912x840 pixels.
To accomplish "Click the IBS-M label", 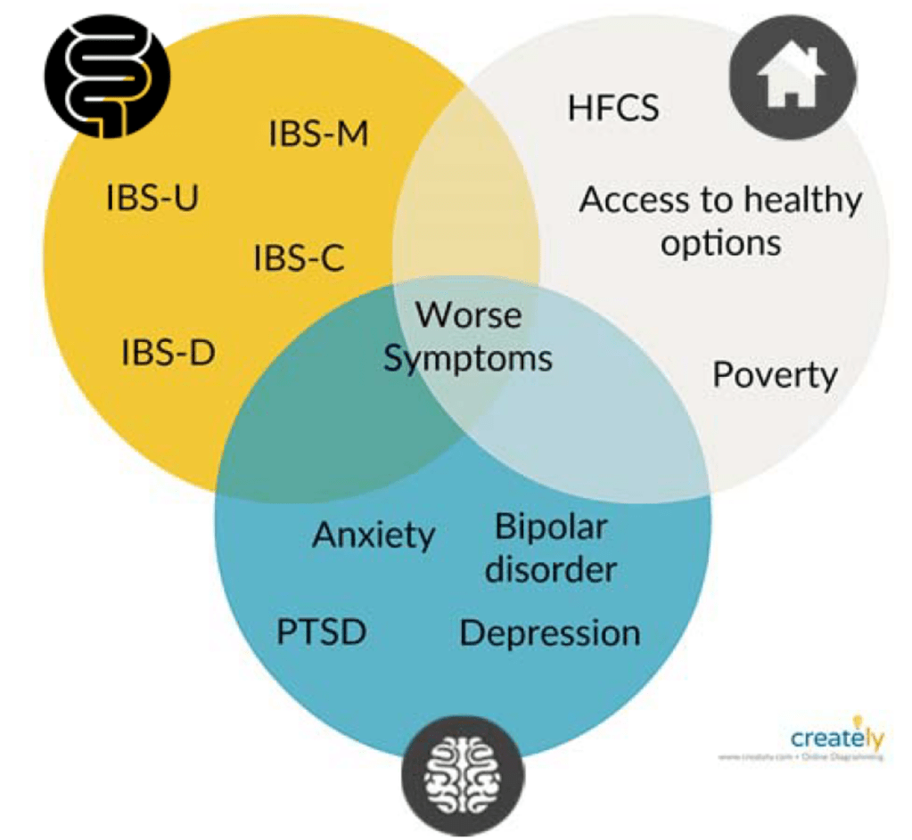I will tap(318, 136).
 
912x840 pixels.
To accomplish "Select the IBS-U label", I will tap(152, 198).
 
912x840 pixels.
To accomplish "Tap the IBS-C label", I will tap(299, 259).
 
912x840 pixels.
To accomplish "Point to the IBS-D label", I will tap(168, 354).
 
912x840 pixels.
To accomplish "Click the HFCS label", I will tap(613, 108).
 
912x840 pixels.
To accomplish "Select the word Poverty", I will tap(775, 375).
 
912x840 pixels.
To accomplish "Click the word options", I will tap(720, 242).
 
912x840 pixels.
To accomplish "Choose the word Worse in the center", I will tap(469, 315).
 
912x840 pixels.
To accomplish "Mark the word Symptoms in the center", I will tap(469, 358).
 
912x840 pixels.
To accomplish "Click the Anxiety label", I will tap(374, 535).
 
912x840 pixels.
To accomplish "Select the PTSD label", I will tap(321, 633).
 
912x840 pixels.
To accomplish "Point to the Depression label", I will tap(549, 633).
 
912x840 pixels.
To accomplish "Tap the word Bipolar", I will tap(550, 527).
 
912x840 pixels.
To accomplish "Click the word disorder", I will tap(550, 568).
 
